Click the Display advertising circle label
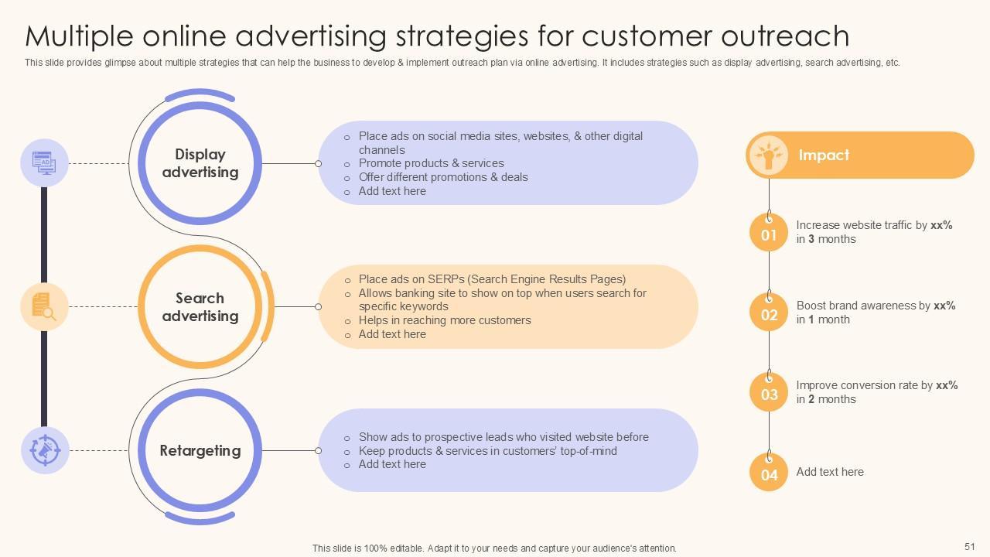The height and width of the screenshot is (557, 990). [200, 163]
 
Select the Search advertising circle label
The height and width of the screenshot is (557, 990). [200, 307]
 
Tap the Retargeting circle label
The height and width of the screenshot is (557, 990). [200, 450]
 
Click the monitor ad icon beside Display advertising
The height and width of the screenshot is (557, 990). [44, 163]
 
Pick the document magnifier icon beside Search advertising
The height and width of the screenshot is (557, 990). [44, 306]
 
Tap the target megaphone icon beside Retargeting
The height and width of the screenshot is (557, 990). [44, 450]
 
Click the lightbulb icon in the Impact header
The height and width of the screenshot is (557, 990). [768, 155]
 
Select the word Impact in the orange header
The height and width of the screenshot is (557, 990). [824, 155]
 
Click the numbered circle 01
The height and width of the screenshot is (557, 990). [769, 234]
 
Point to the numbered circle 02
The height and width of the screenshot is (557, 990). [769, 314]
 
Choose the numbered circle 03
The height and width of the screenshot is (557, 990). [769, 394]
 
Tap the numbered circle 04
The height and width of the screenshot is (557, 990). [769, 473]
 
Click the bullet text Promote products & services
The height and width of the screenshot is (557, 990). [431, 163]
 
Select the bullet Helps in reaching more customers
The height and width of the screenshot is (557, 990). [445, 320]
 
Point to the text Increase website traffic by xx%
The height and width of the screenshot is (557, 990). [874, 225]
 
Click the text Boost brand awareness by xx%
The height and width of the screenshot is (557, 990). [876, 306]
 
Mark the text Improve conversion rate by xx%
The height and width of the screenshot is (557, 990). [877, 385]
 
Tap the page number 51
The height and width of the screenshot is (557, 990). [970, 546]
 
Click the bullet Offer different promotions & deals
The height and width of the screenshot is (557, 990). [443, 177]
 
